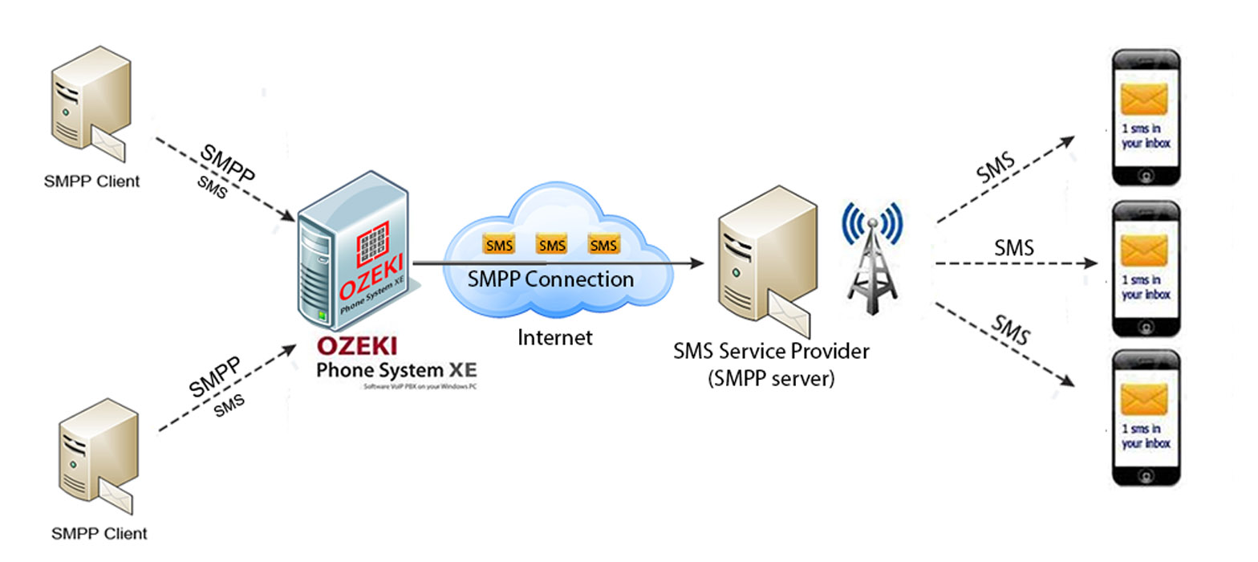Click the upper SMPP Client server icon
(x=90, y=104)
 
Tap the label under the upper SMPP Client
(x=91, y=181)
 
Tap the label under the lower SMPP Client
(x=99, y=533)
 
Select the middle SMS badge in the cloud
(x=551, y=245)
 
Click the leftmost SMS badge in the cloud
(x=498, y=245)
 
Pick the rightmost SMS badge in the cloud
(x=603, y=245)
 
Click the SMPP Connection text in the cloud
(x=551, y=279)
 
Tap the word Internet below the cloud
(x=555, y=337)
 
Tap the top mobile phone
(x=1146, y=118)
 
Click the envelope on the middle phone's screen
(x=1146, y=251)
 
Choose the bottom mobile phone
(x=1146, y=417)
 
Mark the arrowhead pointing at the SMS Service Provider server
(x=697, y=263)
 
